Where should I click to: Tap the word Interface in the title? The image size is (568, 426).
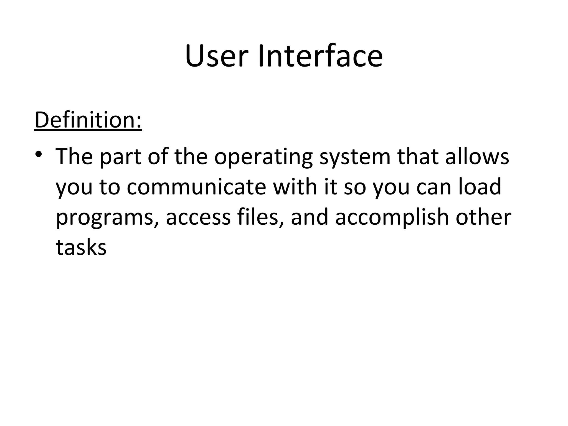tap(320, 56)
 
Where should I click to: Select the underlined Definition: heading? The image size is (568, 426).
tap(88, 120)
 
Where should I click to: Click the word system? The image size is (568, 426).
tap(355, 157)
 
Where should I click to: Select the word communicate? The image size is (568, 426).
tap(197, 187)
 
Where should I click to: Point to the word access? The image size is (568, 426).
tap(198, 217)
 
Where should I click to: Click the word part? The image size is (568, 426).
tap(120, 157)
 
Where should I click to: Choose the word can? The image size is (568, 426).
tap(434, 187)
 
